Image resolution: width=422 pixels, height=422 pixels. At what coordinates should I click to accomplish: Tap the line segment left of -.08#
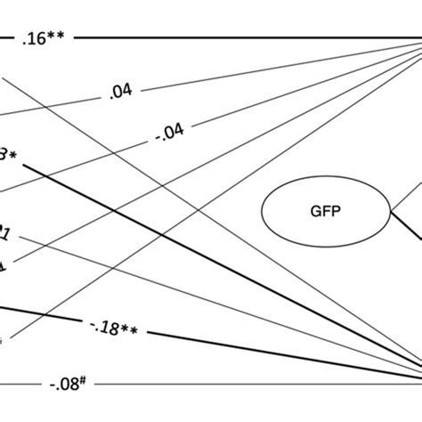click(22, 385)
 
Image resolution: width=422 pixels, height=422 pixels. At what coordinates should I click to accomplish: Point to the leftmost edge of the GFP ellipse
click(262, 212)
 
